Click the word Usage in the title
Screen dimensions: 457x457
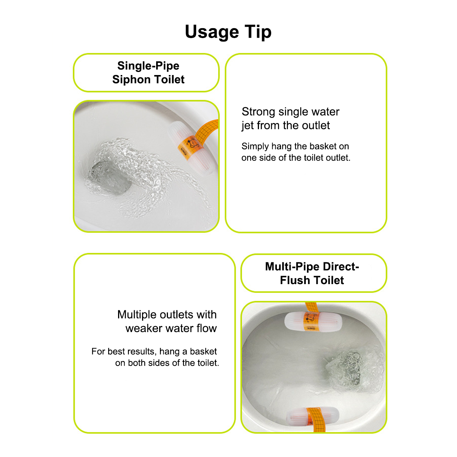(x=212, y=32)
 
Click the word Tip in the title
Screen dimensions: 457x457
(x=258, y=32)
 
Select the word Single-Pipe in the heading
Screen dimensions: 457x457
(x=148, y=66)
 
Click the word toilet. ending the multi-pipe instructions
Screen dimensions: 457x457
(x=208, y=363)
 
